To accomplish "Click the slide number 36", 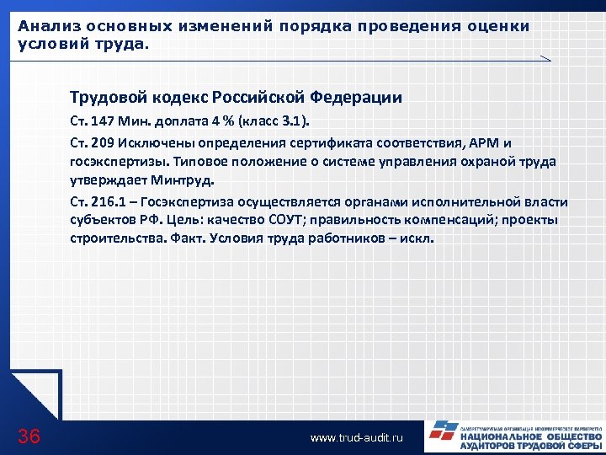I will pyautogui.click(x=29, y=436).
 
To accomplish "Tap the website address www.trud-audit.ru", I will pyautogui.click(x=357, y=438).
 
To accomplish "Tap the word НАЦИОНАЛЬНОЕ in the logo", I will pyautogui.click(x=499, y=436).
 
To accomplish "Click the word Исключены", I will pyautogui.click(x=157, y=142).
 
